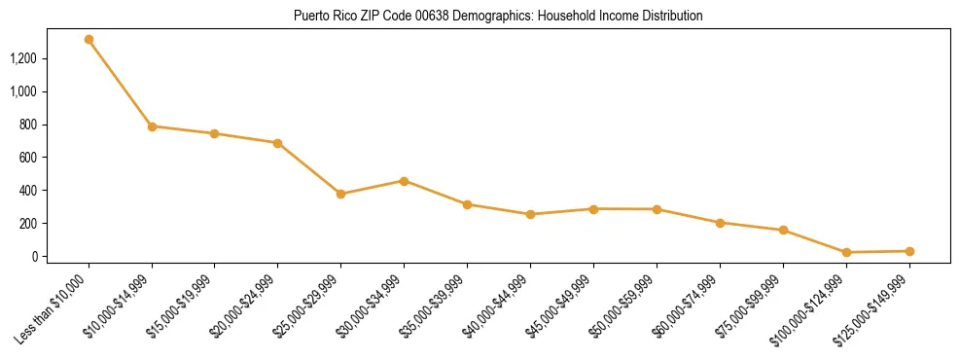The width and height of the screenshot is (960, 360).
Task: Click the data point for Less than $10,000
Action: click(x=89, y=40)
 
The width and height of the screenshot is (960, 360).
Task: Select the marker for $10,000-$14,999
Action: click(x=152, y=126)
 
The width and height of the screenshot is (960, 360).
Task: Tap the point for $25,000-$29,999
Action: click(x=341, y=194)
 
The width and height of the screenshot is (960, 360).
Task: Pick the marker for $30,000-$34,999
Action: click(x=404, y=181)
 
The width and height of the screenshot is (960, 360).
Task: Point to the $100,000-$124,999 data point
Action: click(x=846, y=252)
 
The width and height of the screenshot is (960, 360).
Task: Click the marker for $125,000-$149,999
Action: click(x=909, y=251)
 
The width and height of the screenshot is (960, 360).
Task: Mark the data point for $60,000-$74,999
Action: click(x=720, y=223)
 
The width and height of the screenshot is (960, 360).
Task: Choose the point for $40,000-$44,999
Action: click(x=530, y=214)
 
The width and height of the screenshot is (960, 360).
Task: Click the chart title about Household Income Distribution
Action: click(x=498, y=17)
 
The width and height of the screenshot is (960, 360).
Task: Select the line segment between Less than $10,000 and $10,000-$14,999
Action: click(x=121, y=84)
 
